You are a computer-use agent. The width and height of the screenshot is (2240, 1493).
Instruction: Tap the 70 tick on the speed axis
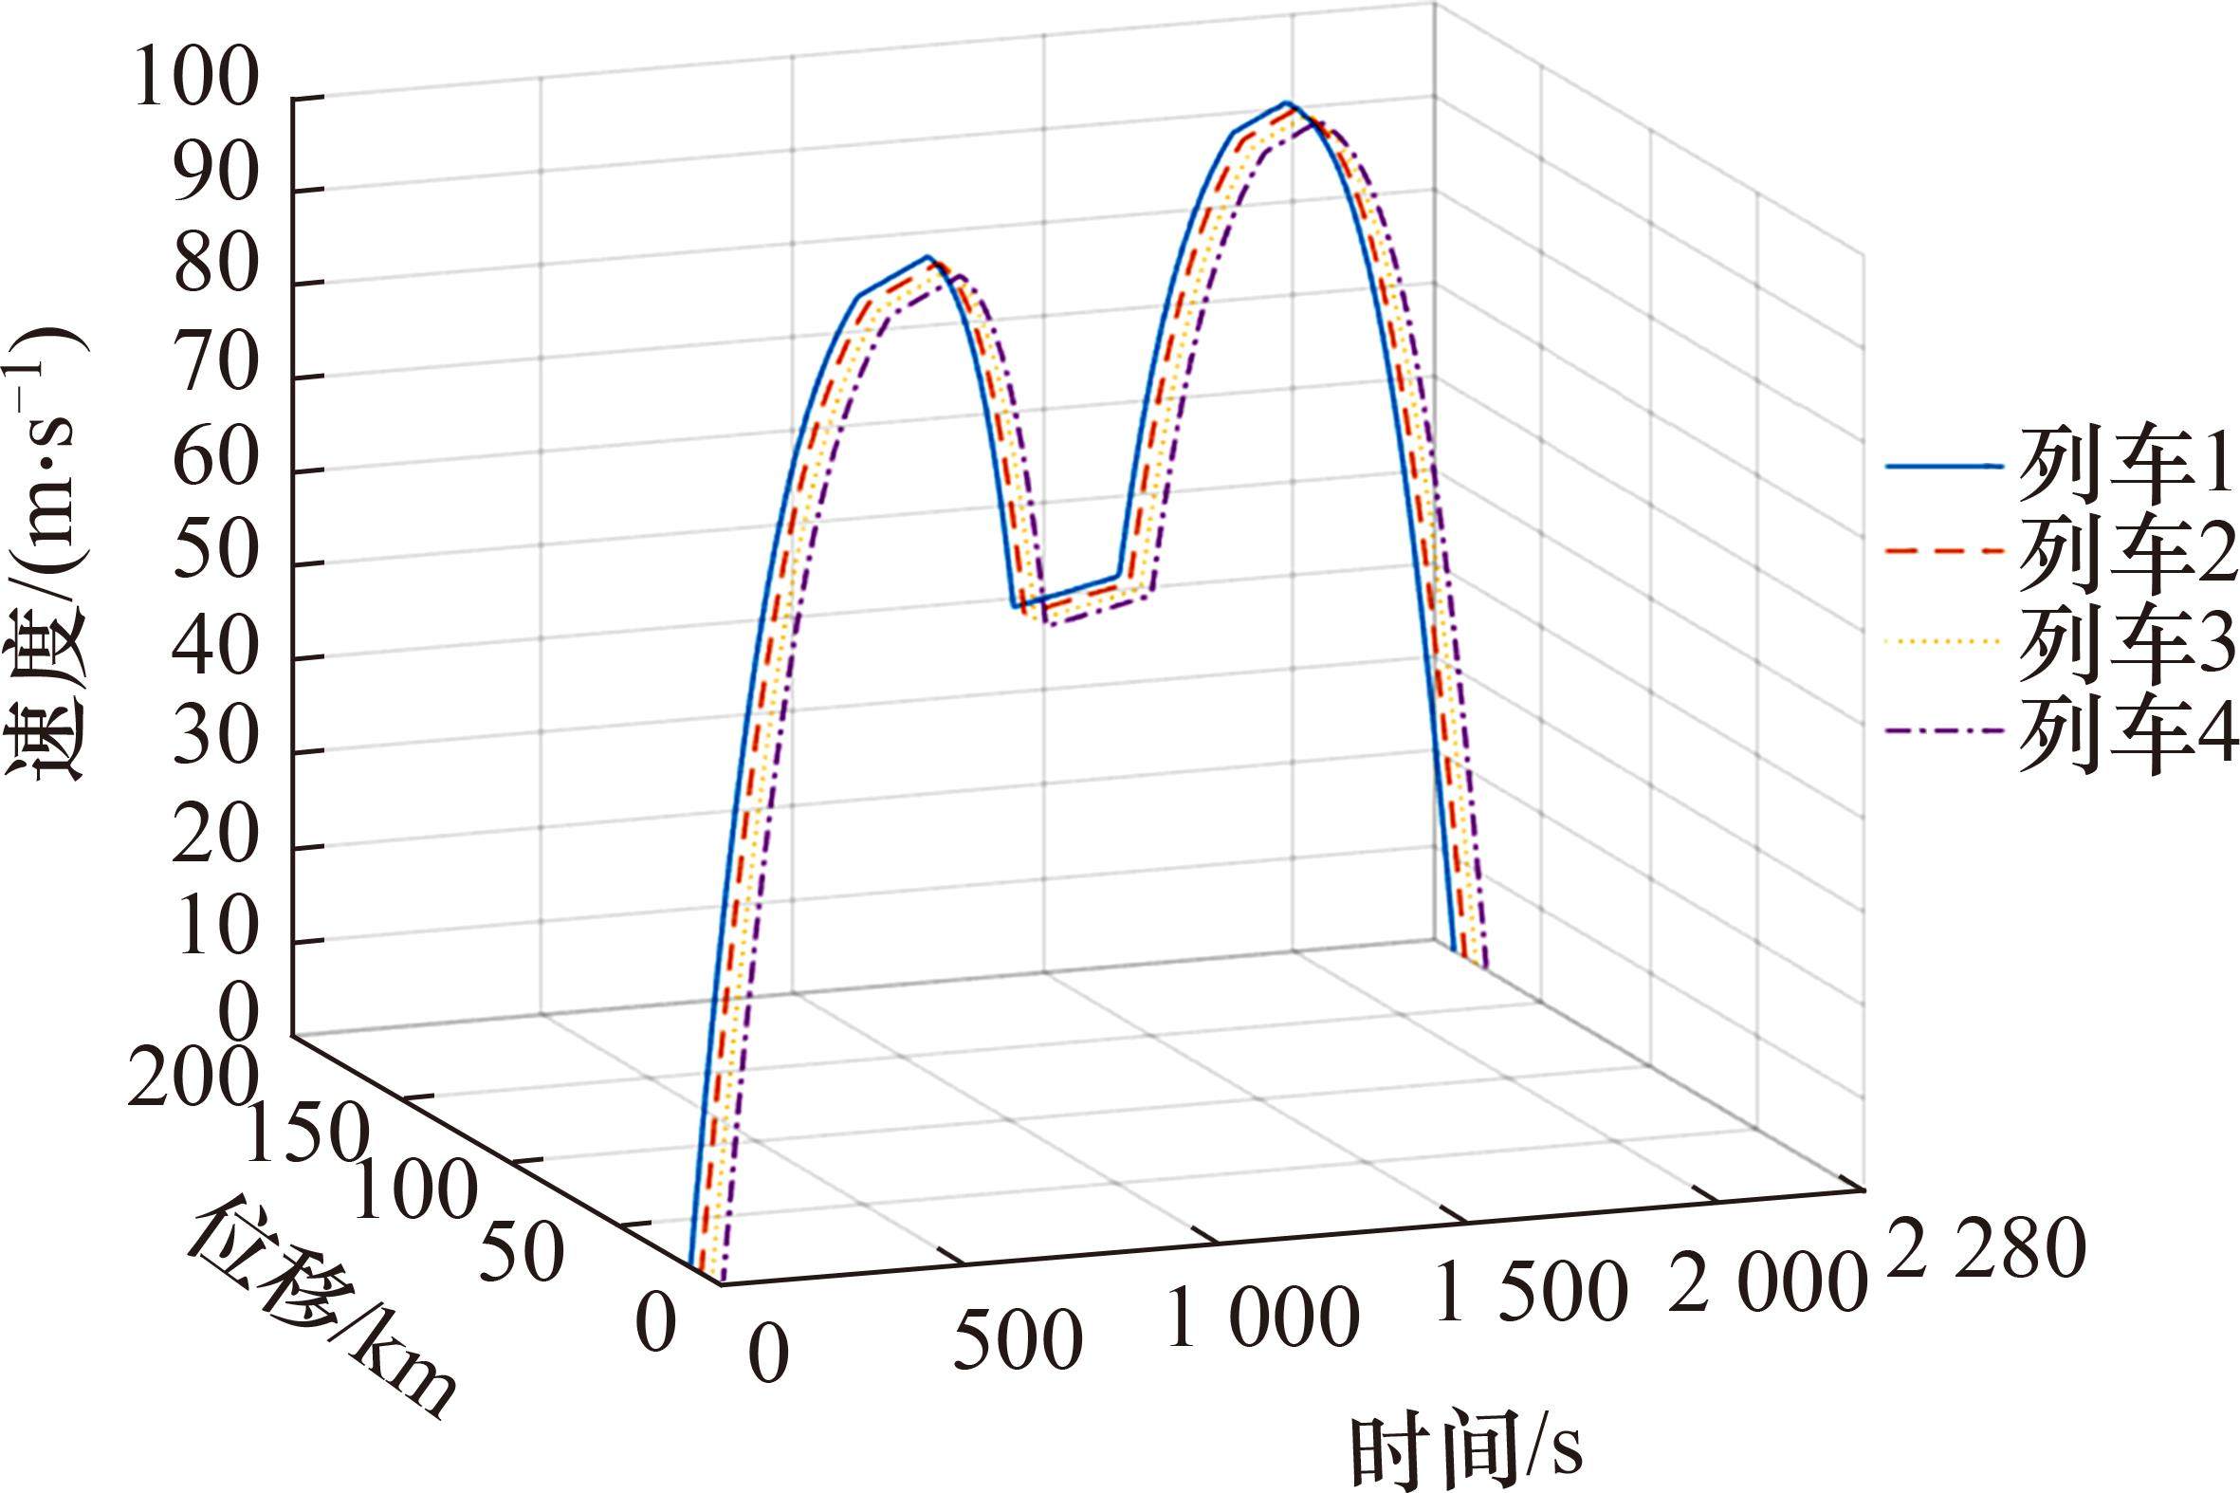(215, 376)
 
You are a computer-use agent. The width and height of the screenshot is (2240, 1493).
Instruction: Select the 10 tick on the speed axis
(215, 938)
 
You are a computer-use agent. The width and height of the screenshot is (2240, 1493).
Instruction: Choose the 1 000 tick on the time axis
(1262, 1318)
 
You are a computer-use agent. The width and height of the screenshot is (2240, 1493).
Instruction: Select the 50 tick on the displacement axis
(520, 1250)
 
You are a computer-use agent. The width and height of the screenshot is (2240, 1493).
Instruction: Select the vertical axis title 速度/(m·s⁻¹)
(47, 551)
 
